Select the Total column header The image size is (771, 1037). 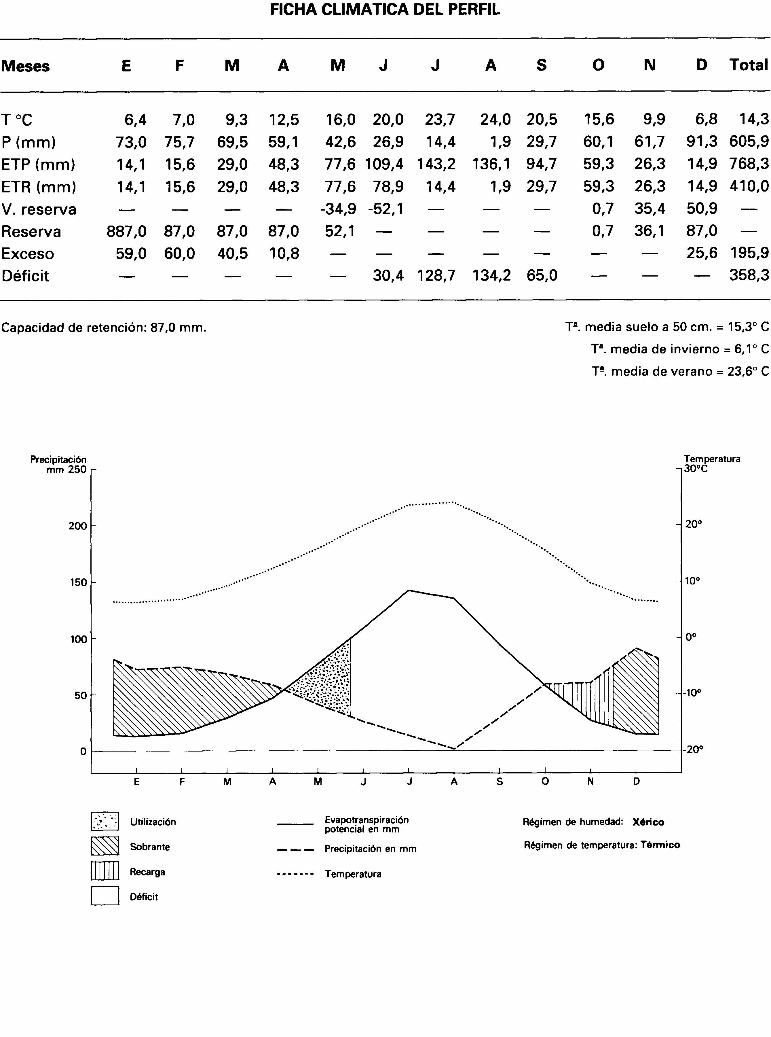748,65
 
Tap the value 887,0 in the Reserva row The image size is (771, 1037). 126,231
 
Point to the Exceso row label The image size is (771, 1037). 28,253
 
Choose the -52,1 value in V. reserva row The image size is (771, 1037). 385,209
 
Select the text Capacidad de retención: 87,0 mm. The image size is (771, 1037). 104,327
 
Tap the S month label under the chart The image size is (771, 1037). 500,782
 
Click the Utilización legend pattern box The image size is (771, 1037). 105,821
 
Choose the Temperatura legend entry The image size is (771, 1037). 353,874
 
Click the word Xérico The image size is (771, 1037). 648,822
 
